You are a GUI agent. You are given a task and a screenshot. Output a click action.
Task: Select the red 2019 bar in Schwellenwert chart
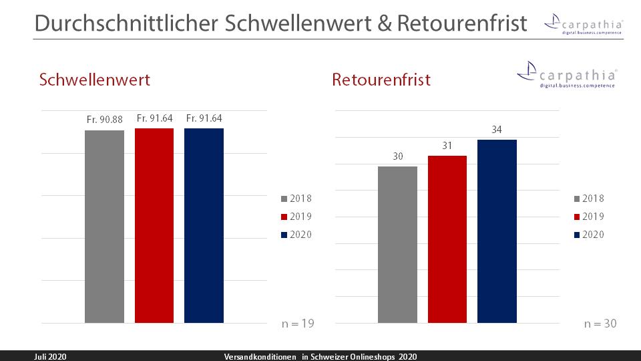click(154, 225)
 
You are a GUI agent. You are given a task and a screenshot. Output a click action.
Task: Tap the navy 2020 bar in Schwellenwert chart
click(204, 225)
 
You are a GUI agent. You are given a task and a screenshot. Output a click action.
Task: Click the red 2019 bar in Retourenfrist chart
click(447, 239)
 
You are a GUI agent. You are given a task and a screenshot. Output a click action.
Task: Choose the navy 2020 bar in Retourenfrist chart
click(497, 231)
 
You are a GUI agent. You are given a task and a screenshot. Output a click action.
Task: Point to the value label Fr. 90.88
click(104, 119)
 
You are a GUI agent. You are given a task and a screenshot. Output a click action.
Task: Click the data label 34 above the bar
click(497, 130)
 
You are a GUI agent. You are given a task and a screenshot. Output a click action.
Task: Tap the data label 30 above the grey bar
click(397, 156)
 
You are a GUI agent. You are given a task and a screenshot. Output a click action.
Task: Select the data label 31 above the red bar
click(447, 146)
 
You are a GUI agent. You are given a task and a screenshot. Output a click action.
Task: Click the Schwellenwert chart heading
click(95, 80)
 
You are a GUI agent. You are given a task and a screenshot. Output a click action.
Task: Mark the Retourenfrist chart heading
click(381, 80)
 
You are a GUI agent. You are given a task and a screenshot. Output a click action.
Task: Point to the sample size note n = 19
click(297, 324)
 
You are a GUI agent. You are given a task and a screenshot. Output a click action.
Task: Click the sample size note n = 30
click(600, 324)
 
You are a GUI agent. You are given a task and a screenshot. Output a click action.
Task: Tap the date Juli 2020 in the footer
click(51, 356)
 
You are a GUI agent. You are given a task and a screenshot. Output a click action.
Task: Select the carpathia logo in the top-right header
click(584, 25)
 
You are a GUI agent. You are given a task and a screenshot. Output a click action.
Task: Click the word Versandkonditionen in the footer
click(260, 356)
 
